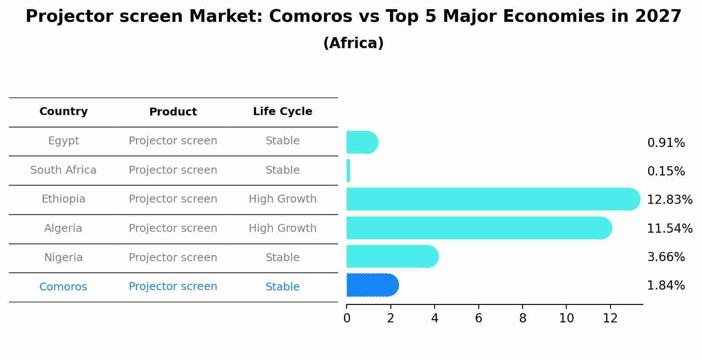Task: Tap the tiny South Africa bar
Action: [348, 171]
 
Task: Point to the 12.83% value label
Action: [669, 200]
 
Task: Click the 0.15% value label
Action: [666, 171]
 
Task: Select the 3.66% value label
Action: [666, 257]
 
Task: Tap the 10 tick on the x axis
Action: [566, 318]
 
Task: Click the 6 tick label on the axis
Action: [478, 318]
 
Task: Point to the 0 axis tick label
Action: [347, 318]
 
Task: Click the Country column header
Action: [63, 112]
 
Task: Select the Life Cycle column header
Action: [282, 112]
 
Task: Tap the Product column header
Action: [173, 112]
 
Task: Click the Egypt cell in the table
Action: [63, 141]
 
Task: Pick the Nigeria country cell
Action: [63, 258]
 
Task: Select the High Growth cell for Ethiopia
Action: [282, 199]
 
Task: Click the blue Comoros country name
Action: [63, 287]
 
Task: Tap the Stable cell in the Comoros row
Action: [282, 287]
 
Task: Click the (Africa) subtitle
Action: [353, 43]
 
